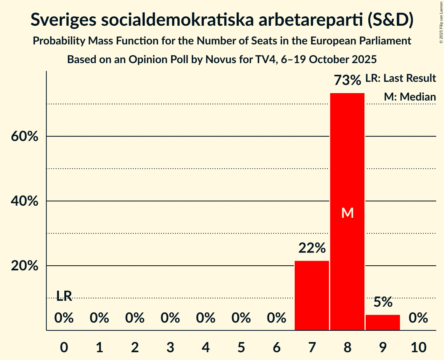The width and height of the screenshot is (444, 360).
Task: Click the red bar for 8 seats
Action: click(x=347, y=164)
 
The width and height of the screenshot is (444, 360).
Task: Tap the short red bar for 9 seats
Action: click(x=382, y=322)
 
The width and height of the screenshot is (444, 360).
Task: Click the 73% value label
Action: click(x=347, y=81)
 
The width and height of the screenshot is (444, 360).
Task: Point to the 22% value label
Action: click(x=312, y=248)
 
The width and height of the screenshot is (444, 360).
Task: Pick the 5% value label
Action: click(x=383, y=302)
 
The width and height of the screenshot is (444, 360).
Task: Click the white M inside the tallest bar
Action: click(x=347, y=213)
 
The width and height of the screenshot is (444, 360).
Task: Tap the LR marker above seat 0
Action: click(x=64, y=296)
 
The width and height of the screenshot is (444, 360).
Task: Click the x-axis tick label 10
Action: click(x=418, y=347)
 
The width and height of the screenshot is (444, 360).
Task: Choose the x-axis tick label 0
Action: click(x=64, y=347)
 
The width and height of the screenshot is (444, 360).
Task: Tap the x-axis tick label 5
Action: click(x=241, y=347)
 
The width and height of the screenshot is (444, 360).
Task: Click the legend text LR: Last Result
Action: click(x=400, y=78)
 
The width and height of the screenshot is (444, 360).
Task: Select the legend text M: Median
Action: click(x=410, y=97)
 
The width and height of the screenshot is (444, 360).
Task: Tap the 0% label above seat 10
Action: click(x=418, y=318)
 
